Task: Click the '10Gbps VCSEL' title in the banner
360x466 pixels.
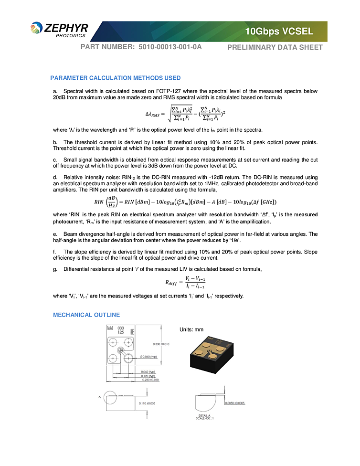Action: pos(279,32)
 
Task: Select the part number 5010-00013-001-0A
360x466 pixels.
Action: pos(170,47)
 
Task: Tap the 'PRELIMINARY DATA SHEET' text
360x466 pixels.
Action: pos(275,47)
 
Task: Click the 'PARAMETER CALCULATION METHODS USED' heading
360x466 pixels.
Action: pos(116,78)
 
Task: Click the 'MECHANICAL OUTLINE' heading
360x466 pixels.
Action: pos(86,315)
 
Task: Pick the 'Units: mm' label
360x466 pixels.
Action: pos(191,329)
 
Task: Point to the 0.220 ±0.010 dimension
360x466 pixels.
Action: pos(150,380)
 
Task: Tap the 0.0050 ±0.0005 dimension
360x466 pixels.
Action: pos(234,403)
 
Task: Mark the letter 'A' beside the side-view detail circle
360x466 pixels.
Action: pos(99,397)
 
